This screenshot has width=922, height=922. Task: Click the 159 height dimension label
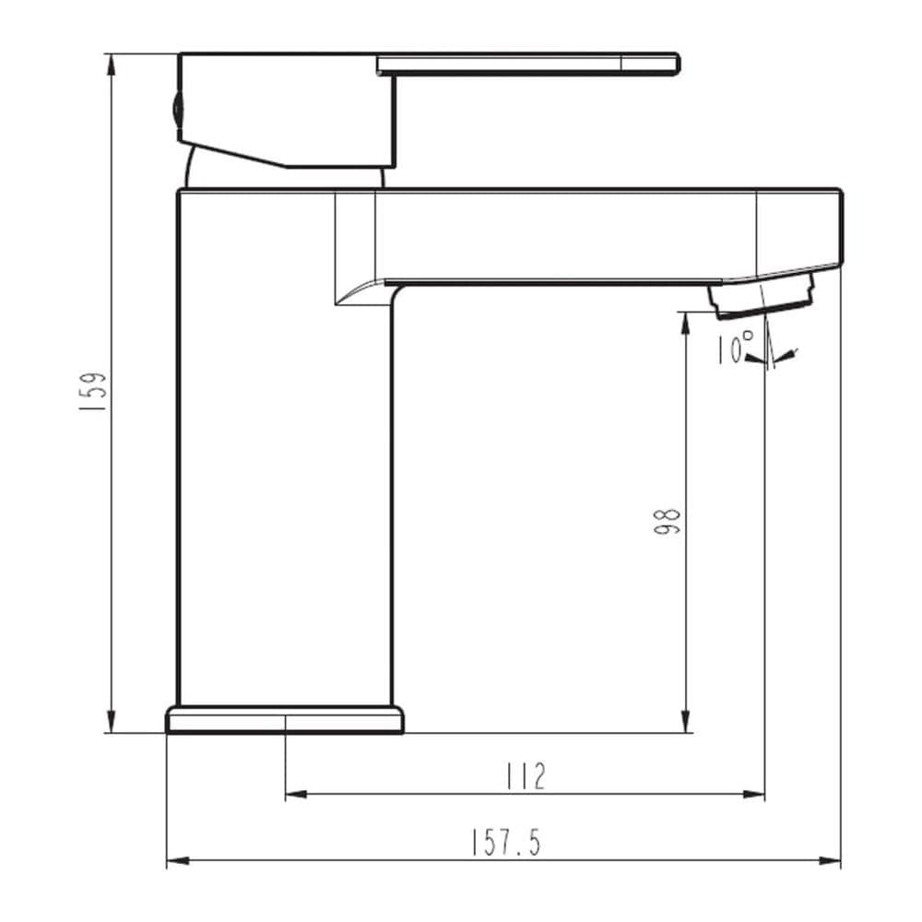93,391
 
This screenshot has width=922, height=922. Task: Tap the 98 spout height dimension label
667,522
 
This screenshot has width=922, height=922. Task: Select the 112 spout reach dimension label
526,776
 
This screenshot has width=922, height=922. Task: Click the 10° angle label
735,348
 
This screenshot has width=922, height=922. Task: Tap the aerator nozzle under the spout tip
762,298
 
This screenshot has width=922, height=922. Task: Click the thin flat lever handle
528,65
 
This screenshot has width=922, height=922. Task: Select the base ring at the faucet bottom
285,720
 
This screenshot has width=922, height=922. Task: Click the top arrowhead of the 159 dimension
111,65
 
